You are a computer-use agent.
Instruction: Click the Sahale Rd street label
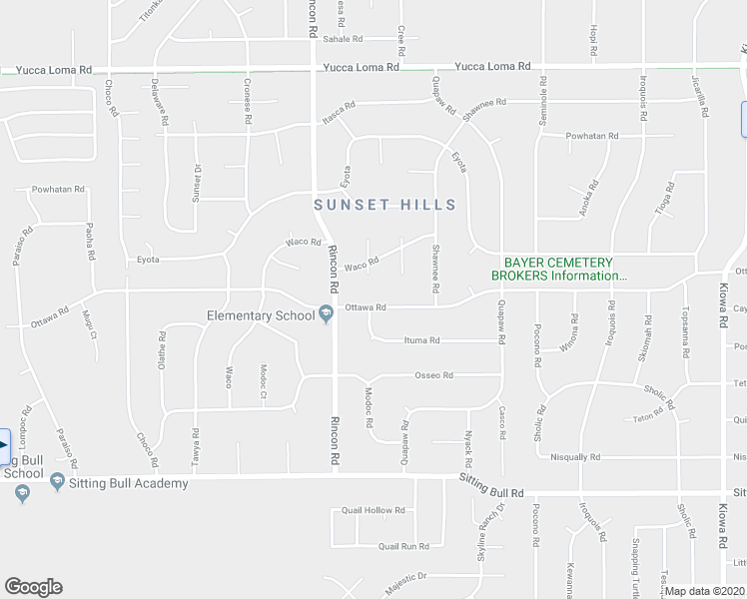click(x=342, y=38)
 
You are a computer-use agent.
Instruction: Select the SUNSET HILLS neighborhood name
click(x=384, y=205)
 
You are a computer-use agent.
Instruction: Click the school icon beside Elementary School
click(x=326, y=315)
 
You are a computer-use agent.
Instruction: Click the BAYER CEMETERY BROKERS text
click(x=560, y=269)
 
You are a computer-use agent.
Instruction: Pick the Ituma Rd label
click(x=421, y=340)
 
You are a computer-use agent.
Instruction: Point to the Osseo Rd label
click(x=433, y=375)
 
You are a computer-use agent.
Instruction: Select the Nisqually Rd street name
click(x=575, y=457)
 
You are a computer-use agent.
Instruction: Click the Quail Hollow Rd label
click(x=373, y=510)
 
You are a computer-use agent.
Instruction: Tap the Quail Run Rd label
click(x=403, y=546)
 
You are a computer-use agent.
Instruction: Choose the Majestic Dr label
click(x=406, y=576)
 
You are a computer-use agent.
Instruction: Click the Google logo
click(x=33, y=587)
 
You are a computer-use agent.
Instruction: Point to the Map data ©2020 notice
click(x=703, y=591)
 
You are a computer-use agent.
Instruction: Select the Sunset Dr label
click(x=197, y=184)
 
